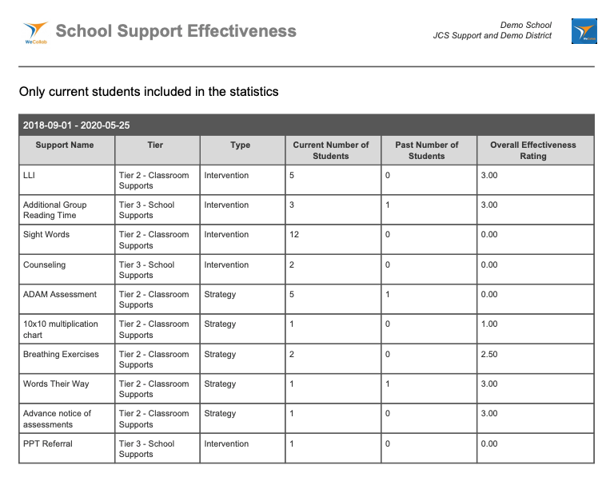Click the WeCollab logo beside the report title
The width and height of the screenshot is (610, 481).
[x=36, y=32]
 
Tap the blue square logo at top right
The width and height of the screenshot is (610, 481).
[x=584, y=31]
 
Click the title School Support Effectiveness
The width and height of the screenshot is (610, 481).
[x=176, y=31]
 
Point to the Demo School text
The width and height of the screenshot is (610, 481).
[x=525, y=26]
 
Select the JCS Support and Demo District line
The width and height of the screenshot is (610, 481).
[x=492, y=36]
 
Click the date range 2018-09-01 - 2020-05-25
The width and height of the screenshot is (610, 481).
[x=77, y=125]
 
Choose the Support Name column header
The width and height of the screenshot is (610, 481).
[x=65, y=145]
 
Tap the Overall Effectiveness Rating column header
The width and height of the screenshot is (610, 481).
[x=532, y=150]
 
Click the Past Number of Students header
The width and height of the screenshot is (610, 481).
[x=426, y=150]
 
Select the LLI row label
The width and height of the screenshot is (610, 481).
[x=29, y=175]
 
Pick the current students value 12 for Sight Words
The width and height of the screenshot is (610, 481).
[x=294, y=235]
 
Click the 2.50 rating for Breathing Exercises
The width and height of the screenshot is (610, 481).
[x=488, y=354]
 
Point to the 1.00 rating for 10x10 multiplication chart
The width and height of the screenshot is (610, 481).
[x=488, y=324]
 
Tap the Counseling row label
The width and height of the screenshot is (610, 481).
[x=44, y=264]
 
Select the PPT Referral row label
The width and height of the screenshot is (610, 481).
[x=47, y=443]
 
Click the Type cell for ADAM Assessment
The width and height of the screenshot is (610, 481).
[x=220, y=295]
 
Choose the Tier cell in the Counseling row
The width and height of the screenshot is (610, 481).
[x=146, y=270]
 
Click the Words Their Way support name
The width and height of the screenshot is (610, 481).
[x=56, y=384]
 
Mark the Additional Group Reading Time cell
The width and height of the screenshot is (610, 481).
[x=54, y=210]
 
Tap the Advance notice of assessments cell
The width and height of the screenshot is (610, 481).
[x=57, y=419]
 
